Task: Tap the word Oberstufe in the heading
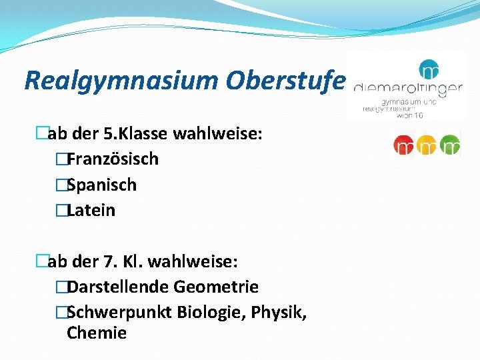point(285,81)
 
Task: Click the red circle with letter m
point(405,145)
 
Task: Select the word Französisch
point(113,159)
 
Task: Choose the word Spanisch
point(101,185)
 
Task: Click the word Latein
point(91,211)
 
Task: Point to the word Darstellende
point(119,287)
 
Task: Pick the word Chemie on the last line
point(97,333)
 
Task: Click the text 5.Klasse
point(137,135)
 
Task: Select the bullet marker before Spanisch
point(61,185)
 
